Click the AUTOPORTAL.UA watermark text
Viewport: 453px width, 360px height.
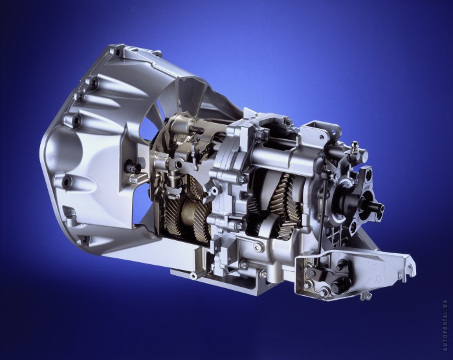pos(445,325)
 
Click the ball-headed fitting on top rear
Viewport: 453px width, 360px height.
pos(354,145)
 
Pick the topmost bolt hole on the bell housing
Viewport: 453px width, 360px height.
pos(118,52)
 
